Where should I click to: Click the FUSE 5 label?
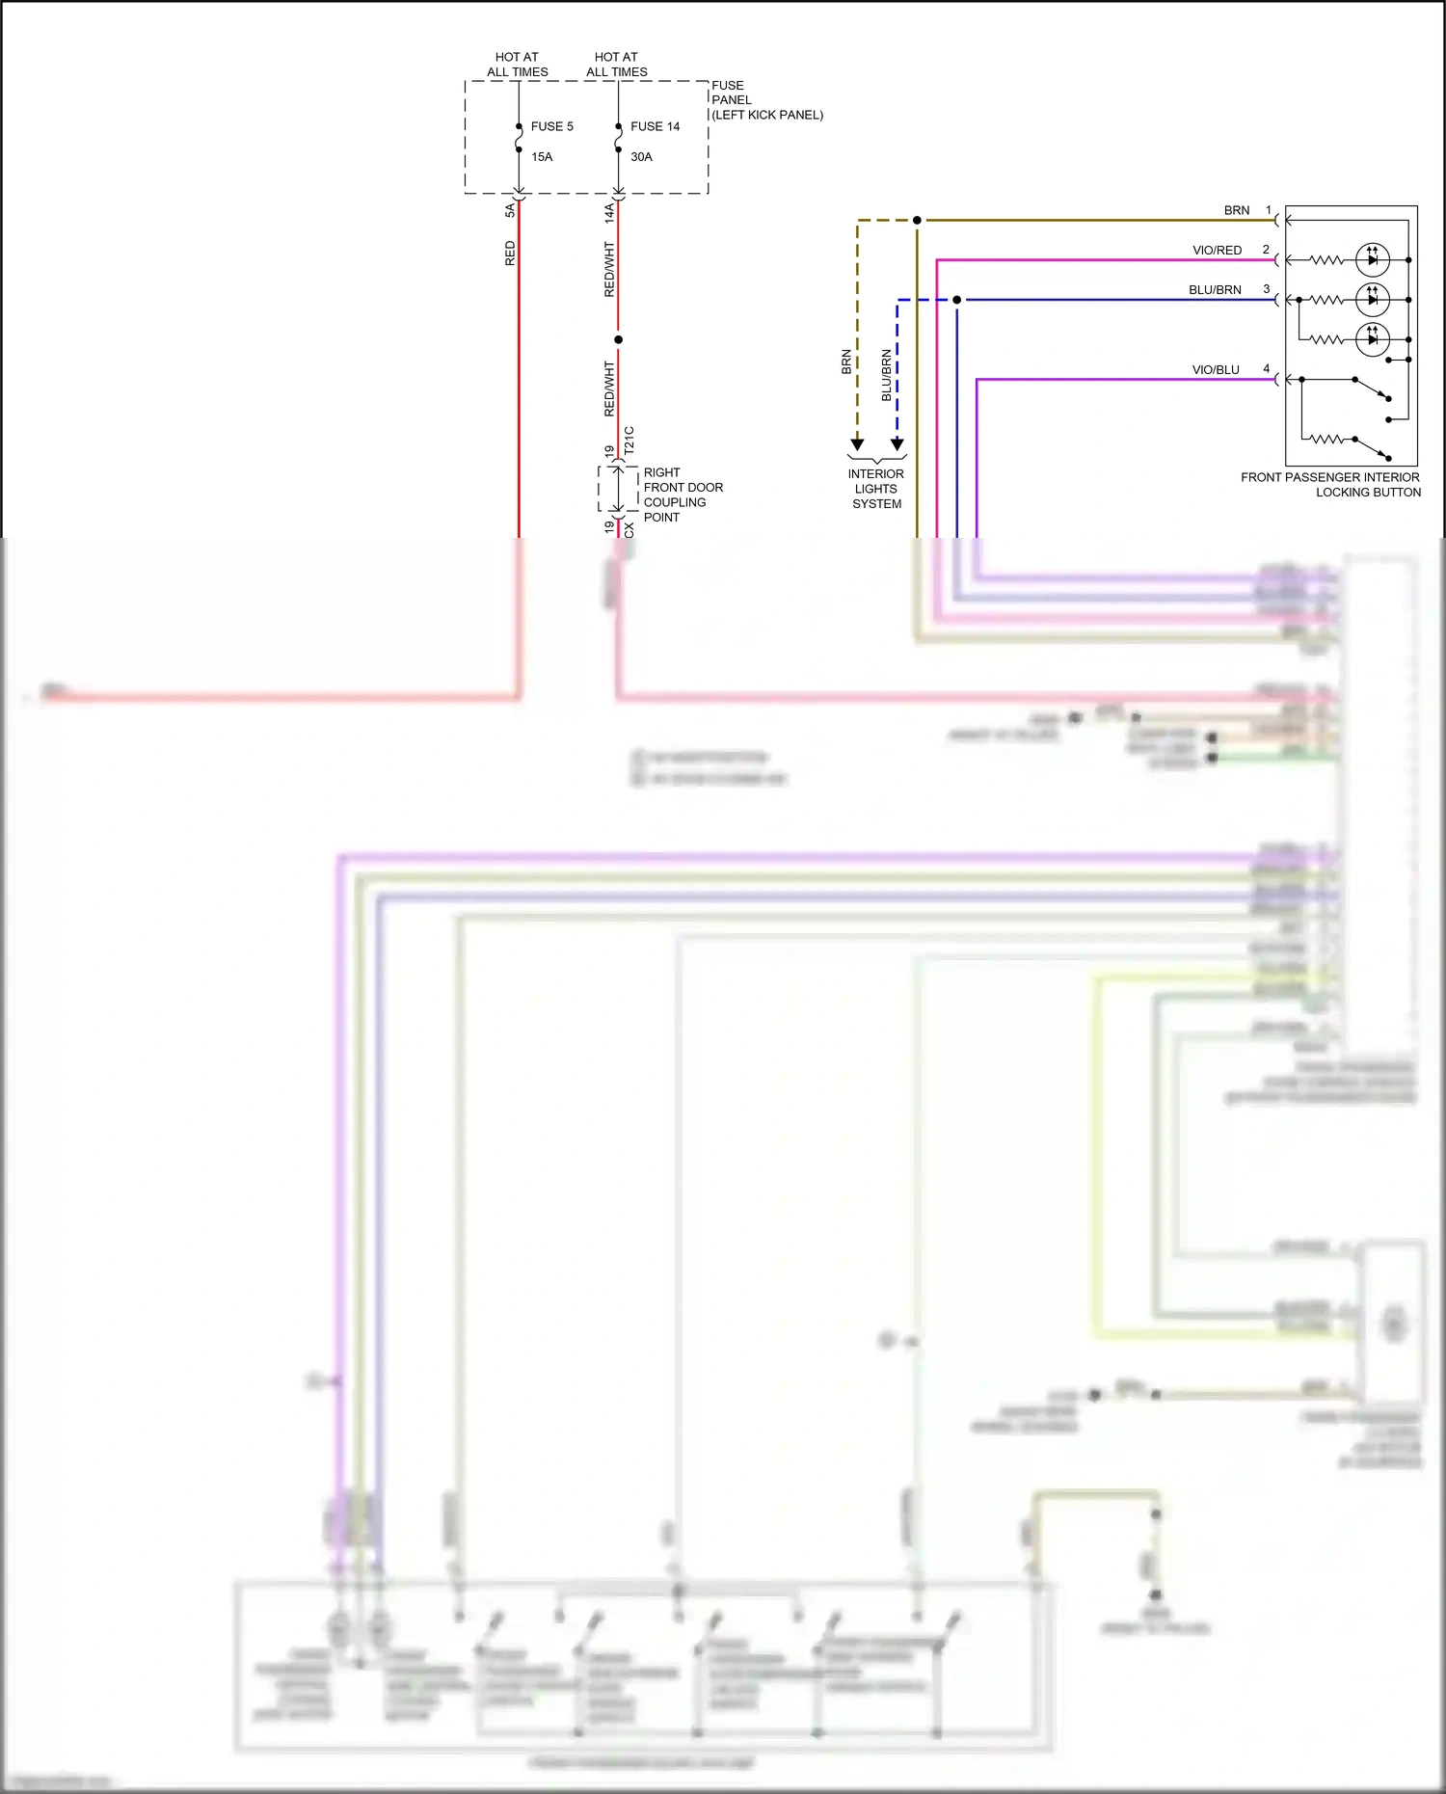tap(551, 126)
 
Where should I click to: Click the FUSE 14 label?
tap(655, 126)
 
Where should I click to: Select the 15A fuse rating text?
tap(542, 157)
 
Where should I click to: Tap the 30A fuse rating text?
tap(641, 157)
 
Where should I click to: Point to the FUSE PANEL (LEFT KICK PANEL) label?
tap(766, 100)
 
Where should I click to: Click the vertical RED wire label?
tap(510, 254)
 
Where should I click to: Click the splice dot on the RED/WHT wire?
tap(618, 339)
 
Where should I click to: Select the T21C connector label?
tap(629, 441)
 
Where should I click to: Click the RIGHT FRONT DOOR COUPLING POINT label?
tap(683, 495)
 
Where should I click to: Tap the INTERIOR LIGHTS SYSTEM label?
tap(876, 489)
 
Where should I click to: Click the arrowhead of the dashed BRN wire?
tap(857, 444)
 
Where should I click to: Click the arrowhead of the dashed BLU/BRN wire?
tap(897, 444)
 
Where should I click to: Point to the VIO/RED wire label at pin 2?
tap(1217, 251)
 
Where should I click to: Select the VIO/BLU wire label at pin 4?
tap(1216, 370)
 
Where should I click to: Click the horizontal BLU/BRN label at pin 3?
tap(1215, 290)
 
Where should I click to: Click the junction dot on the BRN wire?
tap(917, 221)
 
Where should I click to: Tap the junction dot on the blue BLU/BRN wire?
tap(956, 300)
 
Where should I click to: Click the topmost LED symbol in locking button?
tap(1372, 259)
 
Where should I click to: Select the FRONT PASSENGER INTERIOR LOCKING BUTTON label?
tap(1330, 485)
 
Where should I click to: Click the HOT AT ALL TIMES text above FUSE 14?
tap(616, 65)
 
